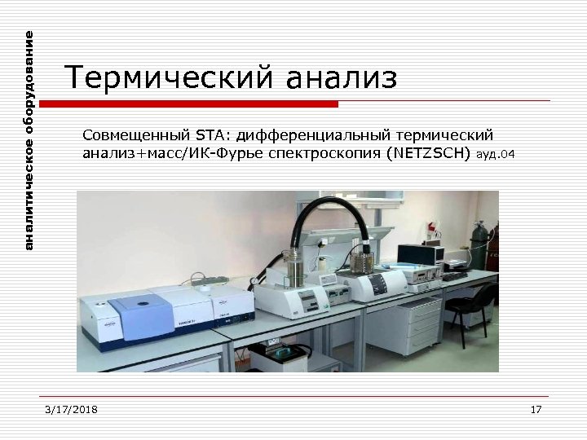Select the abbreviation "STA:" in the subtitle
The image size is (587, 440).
coord(213,134)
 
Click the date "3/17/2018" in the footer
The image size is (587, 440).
coord(71,409)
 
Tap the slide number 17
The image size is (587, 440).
coord(536,409)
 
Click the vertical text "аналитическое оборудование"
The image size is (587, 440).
coord(29,140)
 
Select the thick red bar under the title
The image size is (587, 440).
coord(188,104)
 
